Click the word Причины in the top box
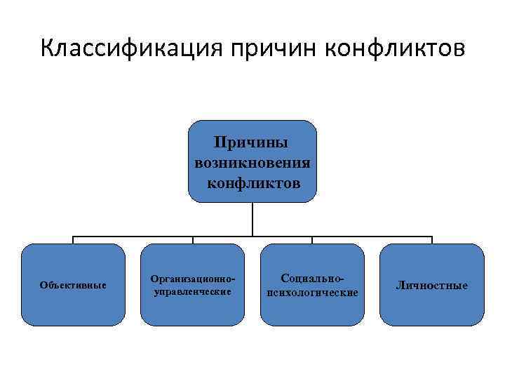tap(252, 144)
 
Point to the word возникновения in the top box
tap(252, 164)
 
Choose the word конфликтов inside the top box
tap(252, 183)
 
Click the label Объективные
tap(73, 285)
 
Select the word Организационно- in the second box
tap(192, 279)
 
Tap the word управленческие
tap(192, 291)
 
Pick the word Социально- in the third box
tap(312, 279)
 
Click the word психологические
tap(312, 292)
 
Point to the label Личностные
tap(431, 285)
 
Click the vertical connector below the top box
tap(252, 219)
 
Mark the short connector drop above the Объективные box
tap(73, 240)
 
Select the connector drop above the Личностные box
tap(432, 240)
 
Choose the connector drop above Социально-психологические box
tap(312, 240)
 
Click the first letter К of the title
tap(47, 49)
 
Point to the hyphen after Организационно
tap(231, 280)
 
